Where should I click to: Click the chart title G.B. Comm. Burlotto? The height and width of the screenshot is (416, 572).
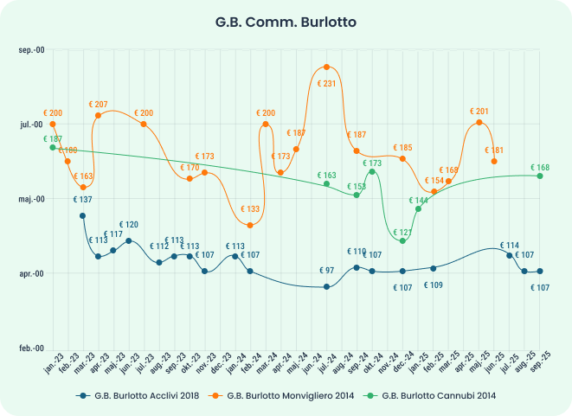tap(286, 20)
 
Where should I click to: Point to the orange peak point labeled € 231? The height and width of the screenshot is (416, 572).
tap(326, 67)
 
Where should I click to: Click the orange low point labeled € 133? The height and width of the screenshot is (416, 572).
tap(250, 226)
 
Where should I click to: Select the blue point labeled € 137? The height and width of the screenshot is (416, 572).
tap(82, 215)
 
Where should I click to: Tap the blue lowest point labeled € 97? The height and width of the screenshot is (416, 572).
tap(326, 286)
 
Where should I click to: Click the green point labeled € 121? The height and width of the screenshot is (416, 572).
tap(403, 241)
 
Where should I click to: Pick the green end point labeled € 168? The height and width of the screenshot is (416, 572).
tap(540, 176)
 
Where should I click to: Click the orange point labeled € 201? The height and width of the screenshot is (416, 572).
tap(479, 122)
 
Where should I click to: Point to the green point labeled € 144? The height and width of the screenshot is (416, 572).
tap(419, 208)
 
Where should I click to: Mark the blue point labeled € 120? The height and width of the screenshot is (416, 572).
tap(129, 240)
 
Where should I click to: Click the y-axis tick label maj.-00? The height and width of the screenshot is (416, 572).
tap(30, 199)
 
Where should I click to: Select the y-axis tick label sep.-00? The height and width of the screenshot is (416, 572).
tap(30, 50)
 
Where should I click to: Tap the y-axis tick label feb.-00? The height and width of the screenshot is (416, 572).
tap(30, 348)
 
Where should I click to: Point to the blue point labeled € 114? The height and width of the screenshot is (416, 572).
tap(509, 256)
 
